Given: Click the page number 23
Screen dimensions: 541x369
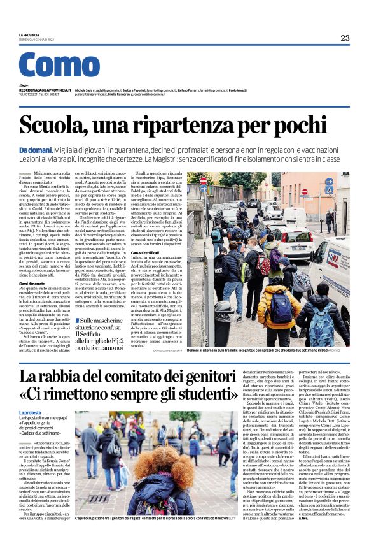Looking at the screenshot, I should coord(345,38).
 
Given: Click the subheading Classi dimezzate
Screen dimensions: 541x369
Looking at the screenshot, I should coord(32,283).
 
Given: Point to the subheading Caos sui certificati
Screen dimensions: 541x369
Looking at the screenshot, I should coord(145,253).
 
